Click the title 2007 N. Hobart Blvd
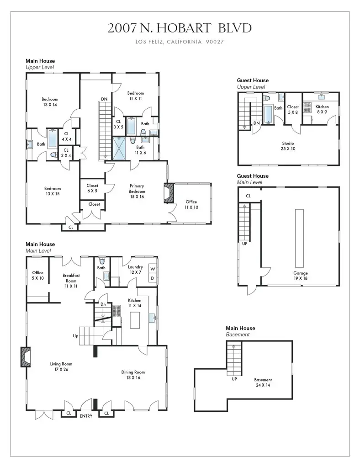[x=180, y=28]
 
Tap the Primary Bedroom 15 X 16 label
[x=137, y=191]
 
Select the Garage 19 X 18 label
[x=300, y=276]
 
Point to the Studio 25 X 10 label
[x=288, y=146]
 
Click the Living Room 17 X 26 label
[x=61, y=367]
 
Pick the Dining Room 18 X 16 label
[x=133, y=375]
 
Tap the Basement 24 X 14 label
[x=263, y=383]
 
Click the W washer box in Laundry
[x=153, y=269]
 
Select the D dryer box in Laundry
[x=153, y=278]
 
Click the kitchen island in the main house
[x=135, y=320]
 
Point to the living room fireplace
[x=25, y=356]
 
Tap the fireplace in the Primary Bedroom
[x=169, y=193]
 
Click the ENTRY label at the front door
[x=86, y=416]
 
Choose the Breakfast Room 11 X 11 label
[x=71, y=281]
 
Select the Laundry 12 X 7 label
[x=135, y=270]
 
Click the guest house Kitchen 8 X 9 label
[x=322, y=109]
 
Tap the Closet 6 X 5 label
[x=92, y=188]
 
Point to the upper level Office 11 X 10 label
[x=191, y=204]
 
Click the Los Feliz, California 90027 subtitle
[x=180, y=42]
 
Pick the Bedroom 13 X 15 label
[x=53, y=191]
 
